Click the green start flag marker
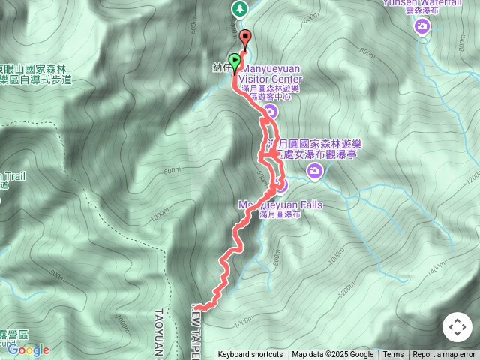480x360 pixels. tap(235, 61)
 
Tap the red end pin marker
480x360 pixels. tap(245, 37)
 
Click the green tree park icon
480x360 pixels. tap(238, 9)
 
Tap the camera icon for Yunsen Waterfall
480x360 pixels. tap(423, 27)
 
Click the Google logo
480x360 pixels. tap(28, 349)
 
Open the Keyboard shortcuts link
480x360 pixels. tap(250, 355)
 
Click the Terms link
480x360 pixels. tap(393, 355)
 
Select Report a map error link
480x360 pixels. tap(444, 355)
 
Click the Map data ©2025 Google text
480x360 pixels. tap(332, 355)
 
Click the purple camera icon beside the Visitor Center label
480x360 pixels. tap(271, 112)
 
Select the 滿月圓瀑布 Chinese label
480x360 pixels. tap(280, 214)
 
